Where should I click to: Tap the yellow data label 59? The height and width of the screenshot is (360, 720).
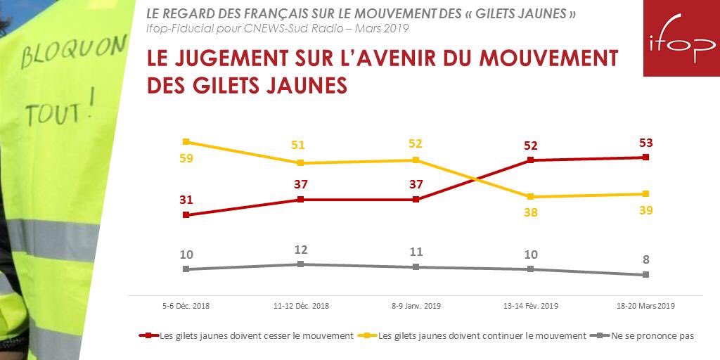tap(186, 158)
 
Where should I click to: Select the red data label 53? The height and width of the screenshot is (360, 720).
tap(646, 143)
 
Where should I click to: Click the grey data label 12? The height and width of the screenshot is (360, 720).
tap(301, 250)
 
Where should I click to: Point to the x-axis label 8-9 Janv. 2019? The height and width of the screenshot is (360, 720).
tap(416, 306)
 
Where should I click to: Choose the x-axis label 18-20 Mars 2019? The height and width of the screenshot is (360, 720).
tap(646, 306)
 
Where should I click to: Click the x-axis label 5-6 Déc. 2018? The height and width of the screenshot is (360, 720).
tap(186, 306)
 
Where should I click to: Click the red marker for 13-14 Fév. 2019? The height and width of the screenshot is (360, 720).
tap(531, 160)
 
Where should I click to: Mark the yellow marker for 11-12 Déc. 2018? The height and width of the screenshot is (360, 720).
tap(301, 163)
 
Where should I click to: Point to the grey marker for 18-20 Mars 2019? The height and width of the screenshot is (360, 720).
tap(646, 275)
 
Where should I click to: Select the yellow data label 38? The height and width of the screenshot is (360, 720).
tap(531, 212)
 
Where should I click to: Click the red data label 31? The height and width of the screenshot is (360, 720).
tap(186, 200)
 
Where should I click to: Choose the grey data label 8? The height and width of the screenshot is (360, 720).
tap(646, 259)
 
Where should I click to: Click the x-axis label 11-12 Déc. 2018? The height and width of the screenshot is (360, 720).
tap(301, 306)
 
